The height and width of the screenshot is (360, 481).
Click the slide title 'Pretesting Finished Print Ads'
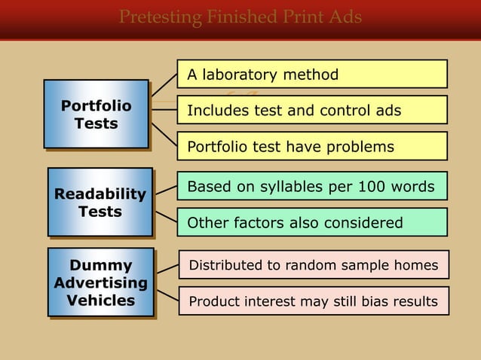[x=240, y=17]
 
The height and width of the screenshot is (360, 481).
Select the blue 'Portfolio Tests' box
[x=96, y=114]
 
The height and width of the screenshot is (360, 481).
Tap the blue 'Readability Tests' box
[x=100, y=203]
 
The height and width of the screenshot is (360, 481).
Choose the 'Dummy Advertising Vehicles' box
[x=101, y=282]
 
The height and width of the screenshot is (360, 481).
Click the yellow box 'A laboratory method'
[x=312, y=75]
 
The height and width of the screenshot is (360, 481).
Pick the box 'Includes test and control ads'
[x=312, y=111]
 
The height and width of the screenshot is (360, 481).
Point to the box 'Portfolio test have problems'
[x=312, y=147]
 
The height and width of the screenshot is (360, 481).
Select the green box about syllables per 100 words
[x=312, y=186]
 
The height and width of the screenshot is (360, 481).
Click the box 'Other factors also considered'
[x=312, y=223]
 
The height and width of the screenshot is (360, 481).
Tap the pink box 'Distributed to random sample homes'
[x=313, y=265]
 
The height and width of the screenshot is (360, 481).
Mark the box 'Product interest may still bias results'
[x=313, y=301]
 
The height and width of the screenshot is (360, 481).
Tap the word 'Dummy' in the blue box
[x=101, y=265]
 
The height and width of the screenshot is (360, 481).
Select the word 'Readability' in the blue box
[x=100, y=194]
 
